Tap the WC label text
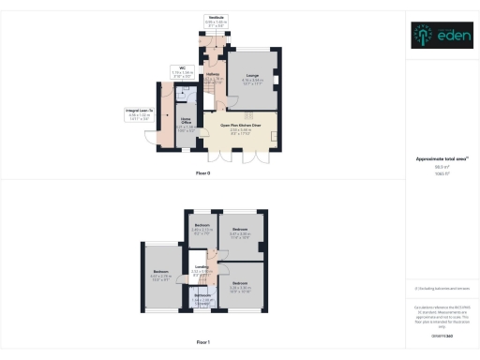coord(186,67)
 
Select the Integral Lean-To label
coord(139,111)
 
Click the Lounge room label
coord(252,75)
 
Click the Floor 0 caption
coord(203,174)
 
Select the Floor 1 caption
coord(203,342)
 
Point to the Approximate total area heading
coord(442,160)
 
